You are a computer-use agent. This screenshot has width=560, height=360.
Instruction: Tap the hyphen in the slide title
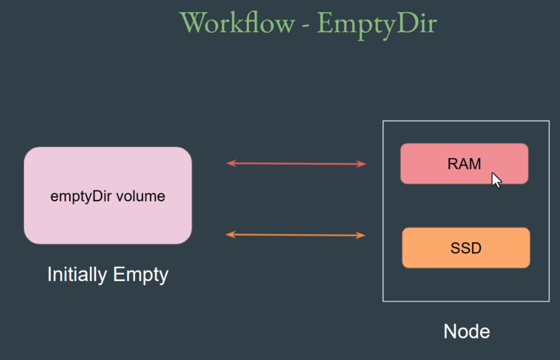tap(306, 26)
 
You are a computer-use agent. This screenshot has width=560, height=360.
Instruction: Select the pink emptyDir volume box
tap(108, 195)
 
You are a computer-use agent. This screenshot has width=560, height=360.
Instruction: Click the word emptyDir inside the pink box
tap(81, 196)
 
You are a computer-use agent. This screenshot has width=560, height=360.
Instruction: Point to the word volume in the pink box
tap(141, 196)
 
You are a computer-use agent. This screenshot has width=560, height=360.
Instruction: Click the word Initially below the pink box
tap(77, 275)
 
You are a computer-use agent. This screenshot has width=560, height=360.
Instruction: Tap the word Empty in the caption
tap(141, 275)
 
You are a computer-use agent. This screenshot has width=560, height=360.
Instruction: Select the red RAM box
tap(464, 164)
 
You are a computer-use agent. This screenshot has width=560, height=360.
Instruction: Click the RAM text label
tap(464, 164)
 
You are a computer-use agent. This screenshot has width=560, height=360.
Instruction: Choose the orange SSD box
tap(466, 247)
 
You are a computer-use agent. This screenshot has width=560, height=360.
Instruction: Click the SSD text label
tap(466, 248)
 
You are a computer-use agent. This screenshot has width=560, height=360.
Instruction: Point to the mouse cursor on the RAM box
tap(496, 179)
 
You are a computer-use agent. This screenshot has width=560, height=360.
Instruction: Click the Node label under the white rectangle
tap(466, 332)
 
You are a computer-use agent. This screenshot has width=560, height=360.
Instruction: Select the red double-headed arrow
tap(296, 164)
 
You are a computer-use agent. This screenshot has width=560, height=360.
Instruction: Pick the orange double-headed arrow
tap(296, 235)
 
